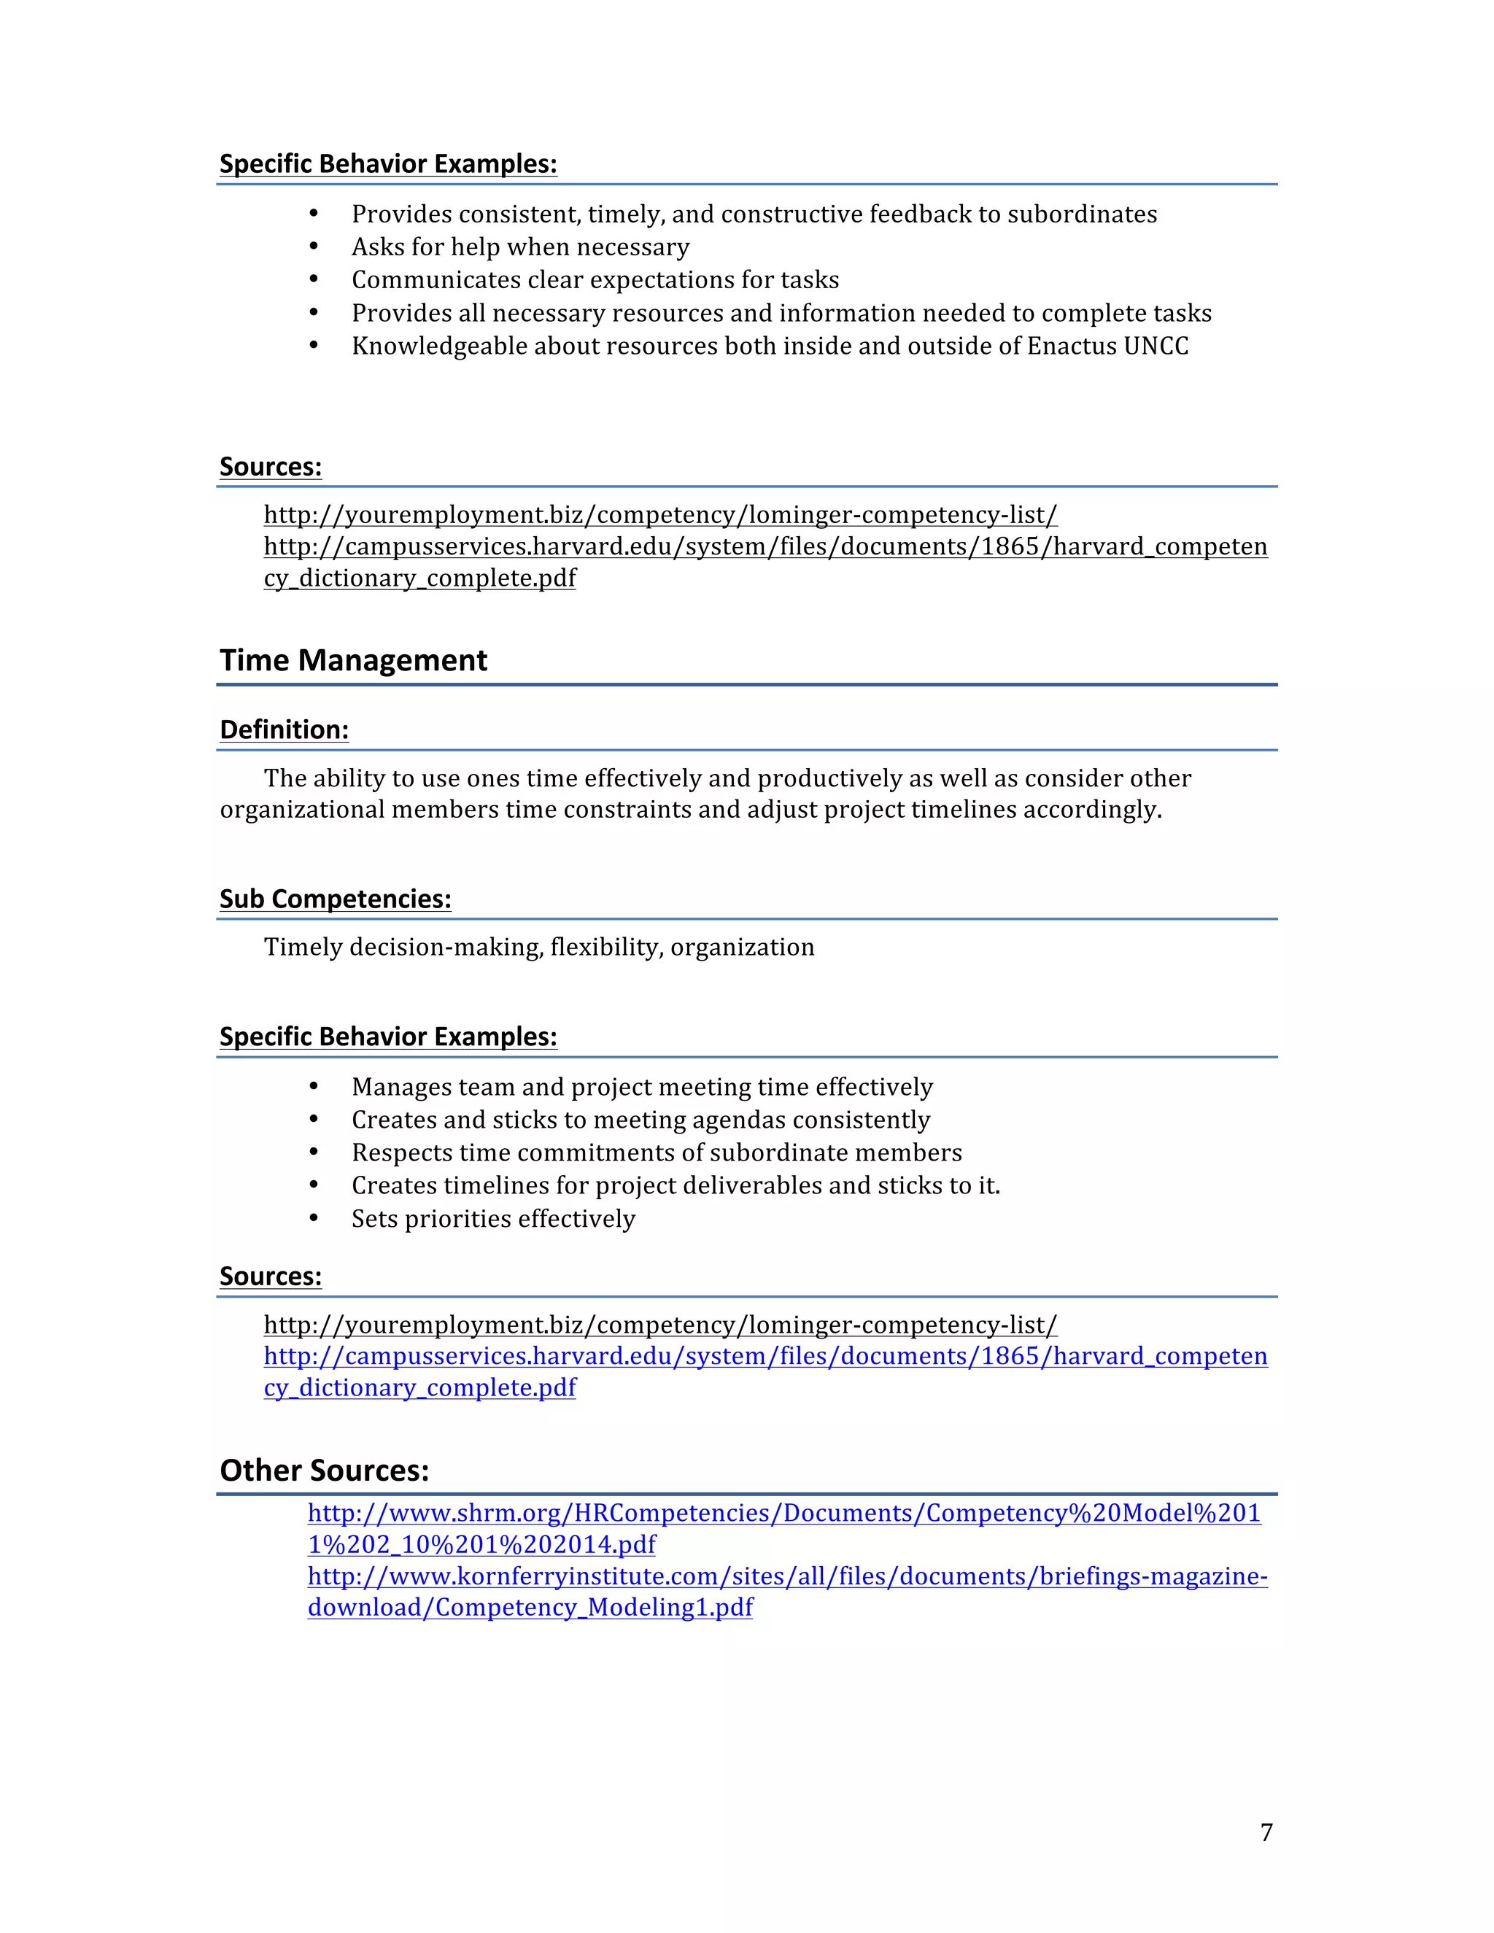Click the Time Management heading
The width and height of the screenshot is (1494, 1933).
pyautogui.click(x=353, y=660)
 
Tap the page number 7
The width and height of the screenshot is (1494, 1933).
pyautogui.click(x=1266, y=1832)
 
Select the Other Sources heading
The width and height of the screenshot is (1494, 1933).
pyautogui.click(x=324, y=1470)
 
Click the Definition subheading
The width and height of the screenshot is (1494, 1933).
pyautogui.click(x=284, y=729)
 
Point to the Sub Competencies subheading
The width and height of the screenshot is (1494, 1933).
pyautogui.click(x=336, y=899)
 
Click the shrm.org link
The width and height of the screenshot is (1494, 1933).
pyautogui.click(x=783, y=1513)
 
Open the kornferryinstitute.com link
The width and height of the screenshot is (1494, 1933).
pyautogui.click(x=787, y=1576)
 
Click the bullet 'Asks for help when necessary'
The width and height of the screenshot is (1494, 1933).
pyautogui.click(x=520, y=247)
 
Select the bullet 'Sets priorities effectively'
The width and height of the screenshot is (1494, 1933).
pyautogui.click(x=493, y=1219)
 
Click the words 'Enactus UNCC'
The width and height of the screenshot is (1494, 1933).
pyautogui.click(x=1107, y=346)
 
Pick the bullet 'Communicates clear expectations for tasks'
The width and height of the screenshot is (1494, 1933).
pyautogui.click(x=595, y=279)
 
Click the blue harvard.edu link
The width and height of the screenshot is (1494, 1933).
pyautogui.click(x=765, y=1356)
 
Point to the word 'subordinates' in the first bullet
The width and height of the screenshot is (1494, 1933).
pyautogui.click(x=1082, y=214)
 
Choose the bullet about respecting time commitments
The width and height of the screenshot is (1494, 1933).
pyautogui.click(x=656, y=1153)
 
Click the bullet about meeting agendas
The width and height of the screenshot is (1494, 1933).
pyautogui.click(x=640, y=1120)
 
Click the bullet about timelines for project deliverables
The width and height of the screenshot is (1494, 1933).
pyautogui.click(x=676, y=1185)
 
